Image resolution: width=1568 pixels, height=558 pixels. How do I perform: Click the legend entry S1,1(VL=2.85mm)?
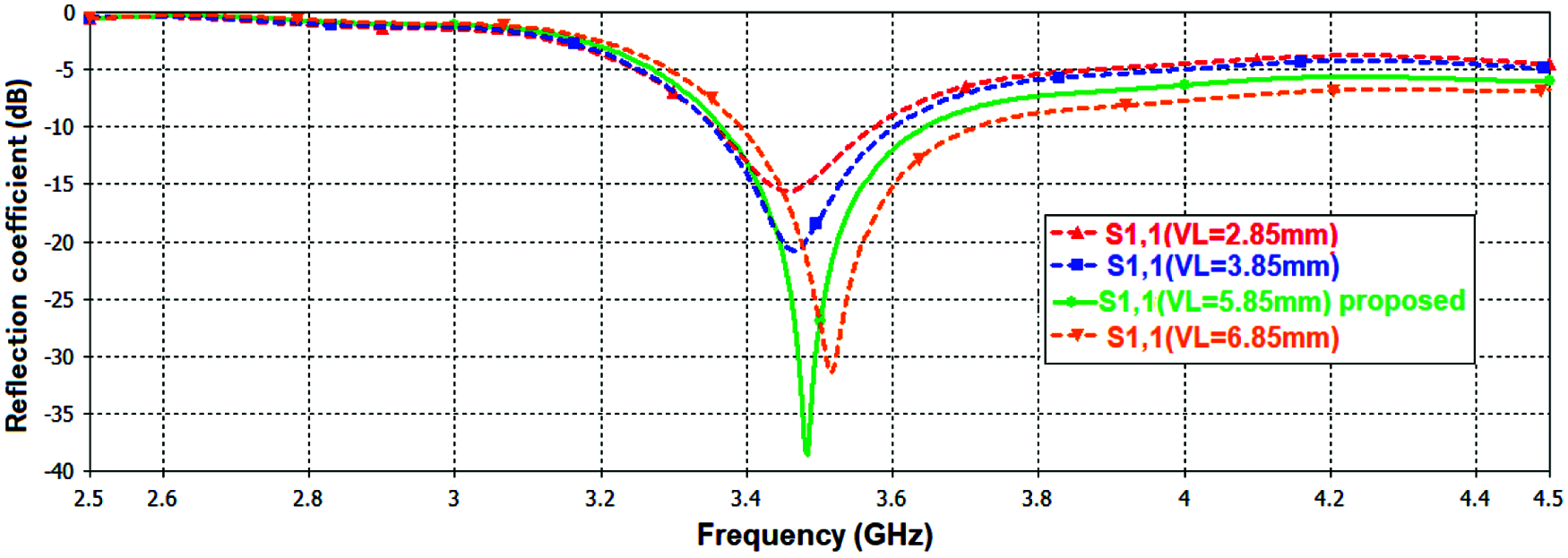pyautogui.click(x=1220, y=235)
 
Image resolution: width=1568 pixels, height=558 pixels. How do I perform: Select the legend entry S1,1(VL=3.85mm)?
pyautogui.click(x=1222, y=266)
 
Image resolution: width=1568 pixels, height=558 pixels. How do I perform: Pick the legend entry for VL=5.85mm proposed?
pyautogui.click(x=1281, y=302)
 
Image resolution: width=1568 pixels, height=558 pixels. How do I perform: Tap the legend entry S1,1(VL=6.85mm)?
pyautogui.click(x=1222, y=338)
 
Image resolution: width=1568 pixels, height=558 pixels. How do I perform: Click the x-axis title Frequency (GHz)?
pyautogui.click(x=814, y=535)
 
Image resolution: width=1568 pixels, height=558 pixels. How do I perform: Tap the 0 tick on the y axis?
pyautogui.click(x=69, y=13)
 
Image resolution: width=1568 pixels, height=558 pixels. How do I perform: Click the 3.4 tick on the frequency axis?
pyautogui.click(x=745, y=498)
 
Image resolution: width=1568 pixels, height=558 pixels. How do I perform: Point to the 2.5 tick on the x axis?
pyautogui.click(x=88, y=498)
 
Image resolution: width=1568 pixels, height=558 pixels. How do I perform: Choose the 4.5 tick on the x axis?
pyautogui.click(x=1547, y=498)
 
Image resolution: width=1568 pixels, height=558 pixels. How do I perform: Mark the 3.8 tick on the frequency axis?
pyautogui.click(x=1038, y=498)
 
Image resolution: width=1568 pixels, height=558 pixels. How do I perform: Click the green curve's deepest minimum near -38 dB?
pyautogui.click(x=806, y=452)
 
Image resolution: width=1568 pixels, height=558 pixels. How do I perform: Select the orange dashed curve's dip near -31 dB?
pyautogui.click(x=831, y=370)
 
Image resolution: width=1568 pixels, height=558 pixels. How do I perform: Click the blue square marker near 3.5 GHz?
pyautogui.click(x=815, y=224)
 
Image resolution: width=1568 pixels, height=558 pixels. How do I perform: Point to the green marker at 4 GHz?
pyautogui.click(x=1185, y=85)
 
